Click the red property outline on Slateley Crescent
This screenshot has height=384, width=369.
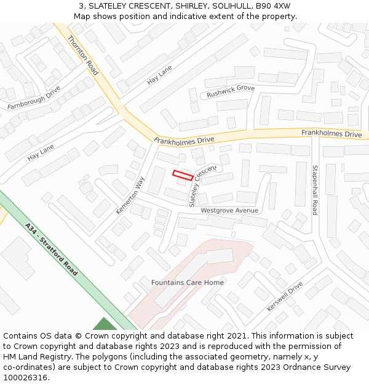click(183, 175)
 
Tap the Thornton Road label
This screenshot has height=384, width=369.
click(83, 55)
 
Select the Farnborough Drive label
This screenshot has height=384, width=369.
click(34, 98)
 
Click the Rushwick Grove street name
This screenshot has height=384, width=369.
click(231, 92)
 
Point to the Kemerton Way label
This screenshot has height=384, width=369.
click(130, 195)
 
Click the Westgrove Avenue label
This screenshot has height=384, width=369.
click(229, 210)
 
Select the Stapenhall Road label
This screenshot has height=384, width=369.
click(315, 190)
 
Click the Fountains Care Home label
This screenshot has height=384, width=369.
click(188, 283)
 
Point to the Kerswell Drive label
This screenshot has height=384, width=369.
click(285, 296)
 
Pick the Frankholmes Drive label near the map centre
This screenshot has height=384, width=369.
click(184, 140)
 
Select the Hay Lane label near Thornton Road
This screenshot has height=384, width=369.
click(159, 76)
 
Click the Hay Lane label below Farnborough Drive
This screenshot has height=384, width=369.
click(41, 152)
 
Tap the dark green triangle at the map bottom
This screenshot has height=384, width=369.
click(105, 324)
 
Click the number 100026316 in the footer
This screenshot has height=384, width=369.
click(26, 377)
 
